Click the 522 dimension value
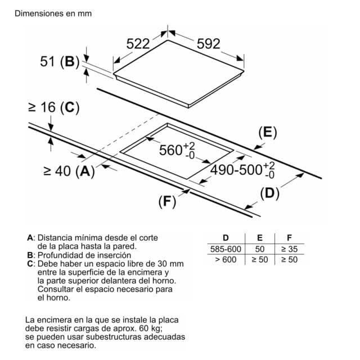138,43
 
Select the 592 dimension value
208,43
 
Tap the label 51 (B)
58,62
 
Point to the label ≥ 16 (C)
53,107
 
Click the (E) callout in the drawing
268,133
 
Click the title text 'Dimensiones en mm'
53,13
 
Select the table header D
226,238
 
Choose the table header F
289,238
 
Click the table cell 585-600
225,249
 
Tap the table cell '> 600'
225,259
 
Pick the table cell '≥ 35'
289,249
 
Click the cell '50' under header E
259,249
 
